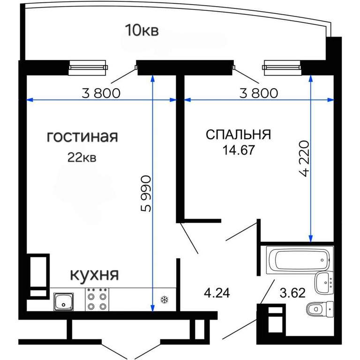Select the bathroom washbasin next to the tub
pos(324,282)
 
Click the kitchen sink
pos(64,301)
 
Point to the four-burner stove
pos(97,300)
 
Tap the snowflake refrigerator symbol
pos(165,300)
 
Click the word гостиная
pos(82,137)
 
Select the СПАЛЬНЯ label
pos(238,135)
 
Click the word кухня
pos(94,275)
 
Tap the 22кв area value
pos(82,157)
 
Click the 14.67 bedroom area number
pos(239,150)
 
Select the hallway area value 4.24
pos(217,293)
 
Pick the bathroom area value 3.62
pos(292,293)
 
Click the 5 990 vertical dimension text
pos(146,194)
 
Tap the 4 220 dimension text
pos(305,158)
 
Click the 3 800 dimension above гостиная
pos(101,93)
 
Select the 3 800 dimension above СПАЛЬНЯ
pos(259,93)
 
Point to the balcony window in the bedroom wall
pos(281,67)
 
